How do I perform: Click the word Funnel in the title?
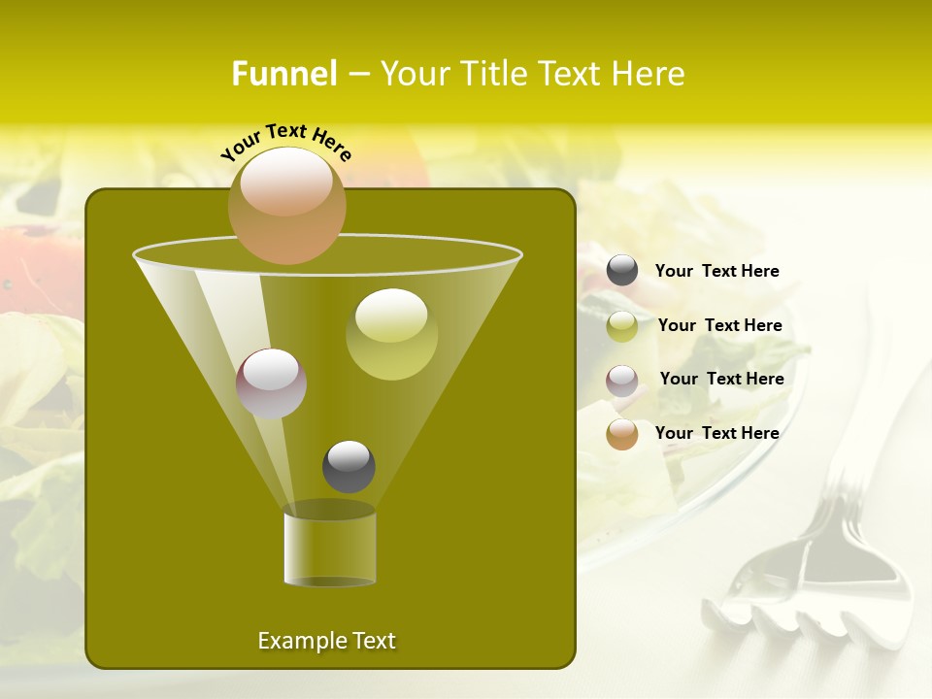[283, 74]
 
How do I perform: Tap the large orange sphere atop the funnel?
[286, 205]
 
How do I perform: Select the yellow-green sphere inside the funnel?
[391, 334]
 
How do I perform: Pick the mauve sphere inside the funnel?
[271, 383]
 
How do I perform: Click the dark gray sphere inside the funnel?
[349, 466]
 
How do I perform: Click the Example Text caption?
[326, 641]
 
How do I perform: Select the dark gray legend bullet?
[622, 271]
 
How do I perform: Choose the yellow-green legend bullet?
[622, 326]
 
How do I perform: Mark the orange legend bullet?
[622, 434]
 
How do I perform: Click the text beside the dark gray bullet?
[716, 272]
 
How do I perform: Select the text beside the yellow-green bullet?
[719, 325]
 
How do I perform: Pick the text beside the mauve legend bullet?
[721, 379]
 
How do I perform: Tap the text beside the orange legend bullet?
[716, 433]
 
